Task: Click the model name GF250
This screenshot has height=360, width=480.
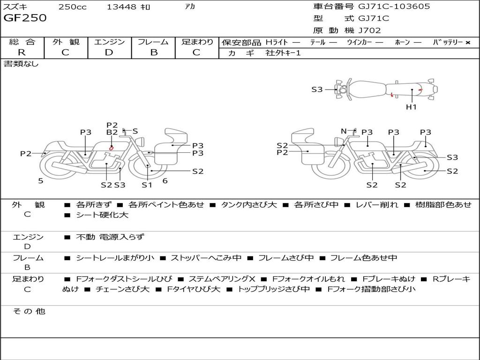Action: (x=25, y=18)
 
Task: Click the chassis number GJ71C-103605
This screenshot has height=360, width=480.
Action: (x=394, y=6)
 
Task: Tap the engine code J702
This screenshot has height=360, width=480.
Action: (x=369, y=30)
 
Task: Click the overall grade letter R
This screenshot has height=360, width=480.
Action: (x=22, y=52)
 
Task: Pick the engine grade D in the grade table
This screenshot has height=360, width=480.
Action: (x=109, y=52)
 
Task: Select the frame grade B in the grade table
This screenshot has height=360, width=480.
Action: (x=154, y=52)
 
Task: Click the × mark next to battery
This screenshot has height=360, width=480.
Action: (x=468, y=43)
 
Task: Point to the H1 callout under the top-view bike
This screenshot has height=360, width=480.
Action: (x=411, y=107)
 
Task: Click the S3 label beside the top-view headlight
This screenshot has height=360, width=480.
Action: (x=317, y=90)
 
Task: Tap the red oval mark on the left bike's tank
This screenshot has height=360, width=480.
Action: (x=112, y=148)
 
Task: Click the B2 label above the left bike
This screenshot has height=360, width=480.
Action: (x=112, y=132)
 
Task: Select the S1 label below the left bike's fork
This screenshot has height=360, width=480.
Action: (x=147, y=185)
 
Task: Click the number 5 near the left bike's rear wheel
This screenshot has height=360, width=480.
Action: (x=41, y=181)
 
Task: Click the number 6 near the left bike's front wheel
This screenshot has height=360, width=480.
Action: (x=165, y=181)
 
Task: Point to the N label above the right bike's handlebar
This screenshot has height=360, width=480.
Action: (x=344, y=131)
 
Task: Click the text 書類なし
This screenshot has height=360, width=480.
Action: (x=21, y=64)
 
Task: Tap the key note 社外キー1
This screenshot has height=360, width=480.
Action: (x=283, y=53)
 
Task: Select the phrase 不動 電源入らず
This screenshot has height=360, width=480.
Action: (x=110, y=237)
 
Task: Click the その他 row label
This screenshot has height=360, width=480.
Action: (x=29, y=311)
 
